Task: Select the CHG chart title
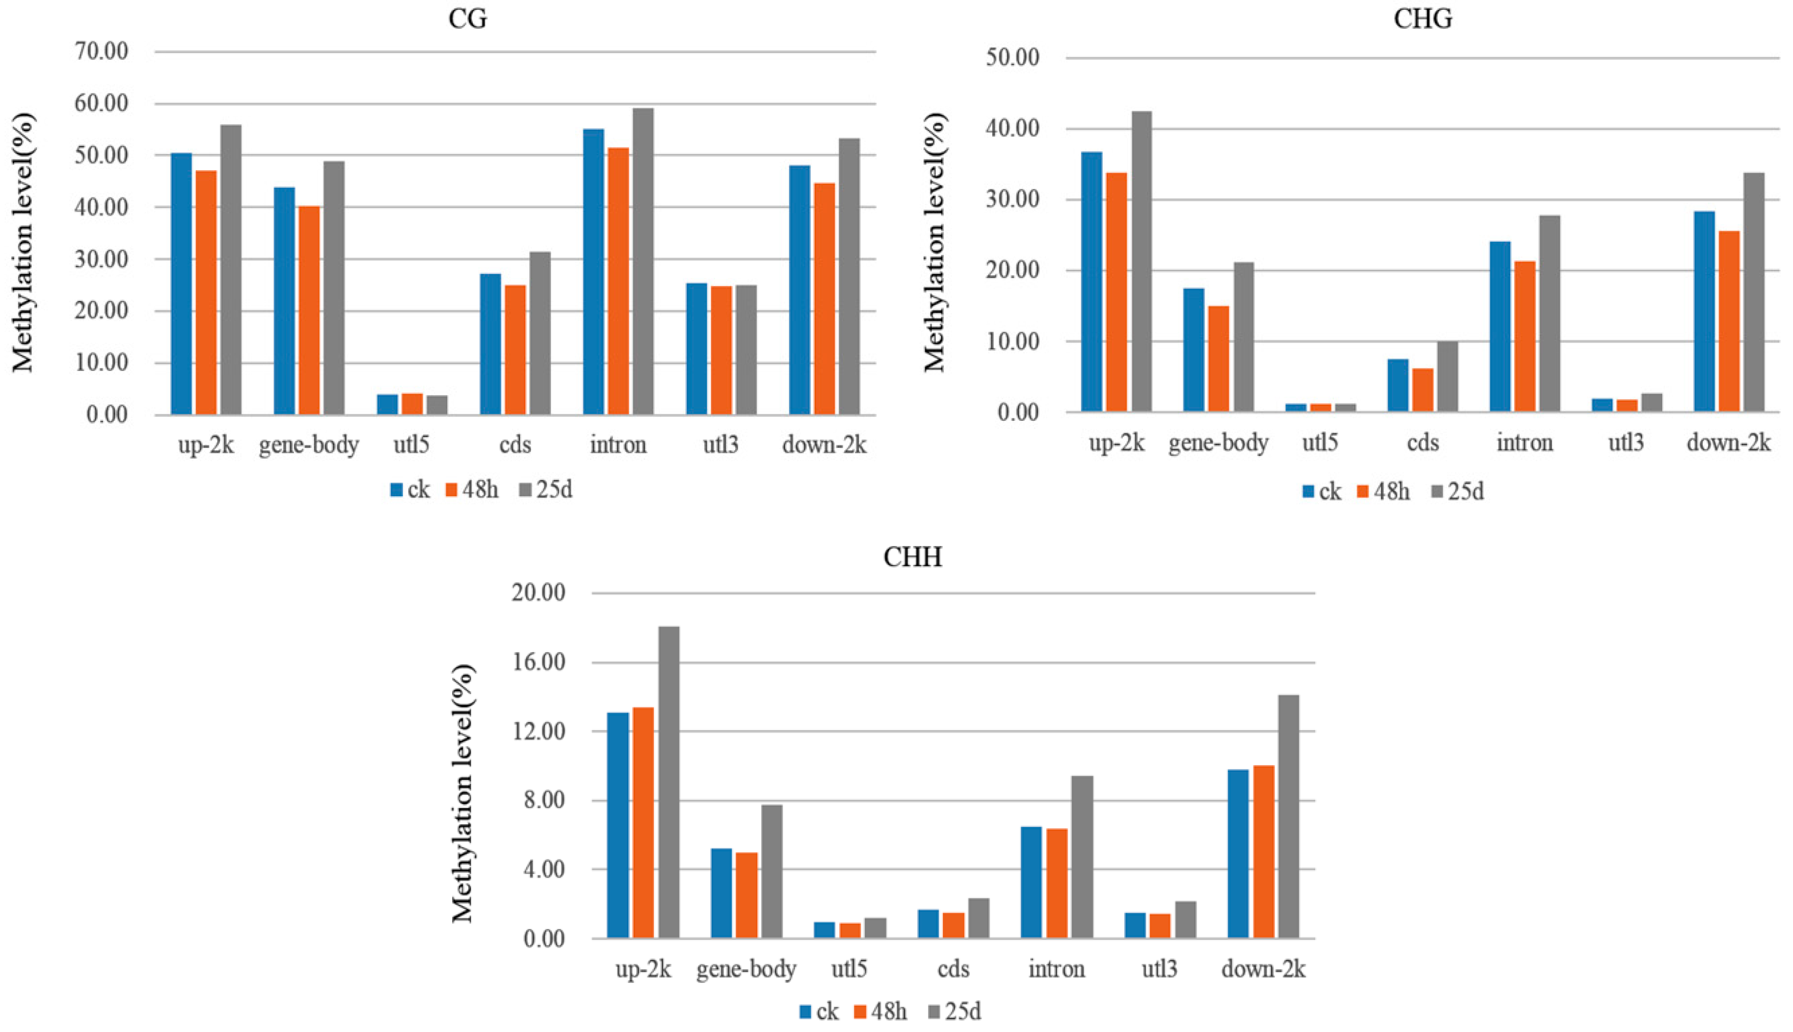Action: tap(1423, 18)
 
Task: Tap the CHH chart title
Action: tap(912, 557)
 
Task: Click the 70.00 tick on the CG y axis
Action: tap(102, 52)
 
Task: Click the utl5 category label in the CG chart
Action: tap(412, 445)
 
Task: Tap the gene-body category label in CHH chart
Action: tap(746, 969)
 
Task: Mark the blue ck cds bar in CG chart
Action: tap(490, 344)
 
